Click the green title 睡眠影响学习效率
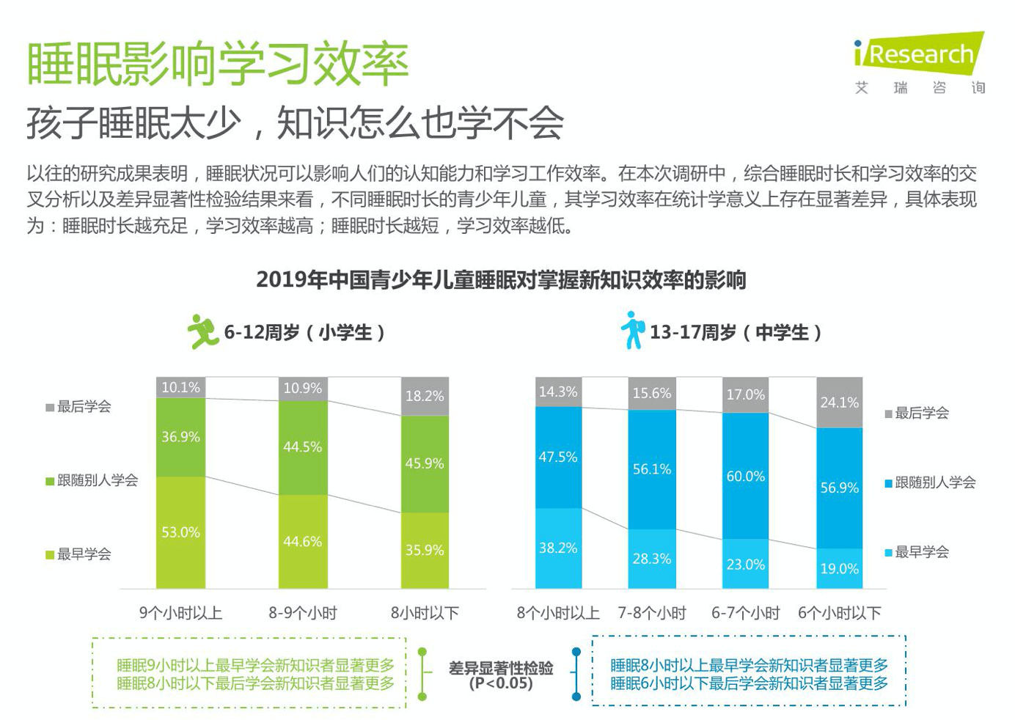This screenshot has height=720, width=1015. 217,64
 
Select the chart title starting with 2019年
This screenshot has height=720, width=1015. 501,280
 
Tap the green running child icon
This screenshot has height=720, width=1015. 201,331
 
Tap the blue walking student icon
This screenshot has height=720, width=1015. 632,330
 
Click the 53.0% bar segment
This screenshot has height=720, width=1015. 180,532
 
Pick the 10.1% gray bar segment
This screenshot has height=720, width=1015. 180,388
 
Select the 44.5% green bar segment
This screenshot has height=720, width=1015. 303,447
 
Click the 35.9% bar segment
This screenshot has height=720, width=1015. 425,550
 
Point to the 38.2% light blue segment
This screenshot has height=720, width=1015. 558,548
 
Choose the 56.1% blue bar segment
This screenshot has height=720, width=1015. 652,469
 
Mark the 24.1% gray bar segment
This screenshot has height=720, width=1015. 839,403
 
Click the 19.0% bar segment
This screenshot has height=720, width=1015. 839,568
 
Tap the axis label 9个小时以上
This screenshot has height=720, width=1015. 180,613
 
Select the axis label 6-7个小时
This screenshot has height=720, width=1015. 745,613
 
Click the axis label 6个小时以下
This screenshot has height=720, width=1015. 839,613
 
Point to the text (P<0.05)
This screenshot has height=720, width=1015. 501,683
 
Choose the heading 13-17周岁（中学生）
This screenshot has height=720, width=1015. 735,333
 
